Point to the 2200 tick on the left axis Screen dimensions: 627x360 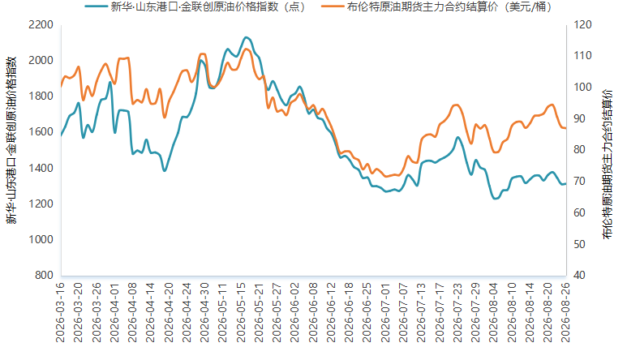pos(41,25)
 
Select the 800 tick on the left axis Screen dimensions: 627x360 pos(44,276)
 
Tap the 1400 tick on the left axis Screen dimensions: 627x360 pos(41,168)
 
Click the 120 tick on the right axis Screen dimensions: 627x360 pos(582,25)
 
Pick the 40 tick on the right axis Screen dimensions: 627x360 pos(579,276)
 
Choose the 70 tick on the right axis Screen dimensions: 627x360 pos(579,181)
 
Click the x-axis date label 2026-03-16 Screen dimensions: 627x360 pos(60,312)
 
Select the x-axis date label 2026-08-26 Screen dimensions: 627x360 pos(565,312)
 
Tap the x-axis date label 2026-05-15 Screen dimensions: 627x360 pos(241,312)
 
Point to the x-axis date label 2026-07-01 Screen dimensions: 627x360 pos(385,312)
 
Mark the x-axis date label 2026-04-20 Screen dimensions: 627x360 pos(169,312)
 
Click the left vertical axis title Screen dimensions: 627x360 pos(11,139)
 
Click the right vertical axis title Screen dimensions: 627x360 pos(608,165)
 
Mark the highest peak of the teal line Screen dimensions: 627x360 pos(247,37)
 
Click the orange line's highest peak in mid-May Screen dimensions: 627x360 pos(247,49)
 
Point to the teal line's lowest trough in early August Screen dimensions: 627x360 pos(495,198)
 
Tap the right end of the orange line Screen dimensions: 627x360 pos(566,128)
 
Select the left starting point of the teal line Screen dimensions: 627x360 pos(61,136)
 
